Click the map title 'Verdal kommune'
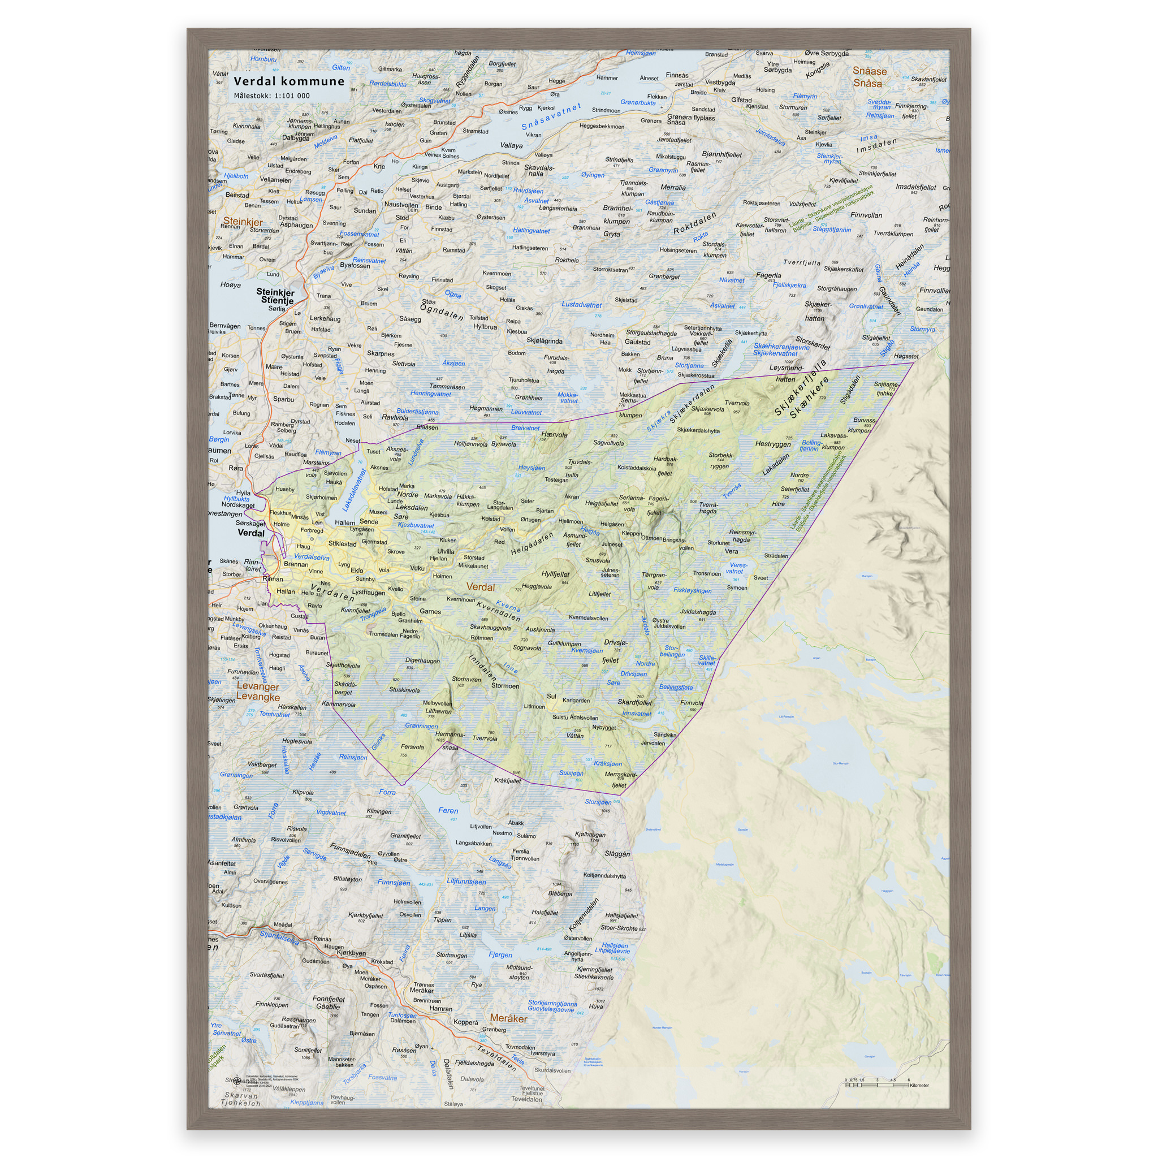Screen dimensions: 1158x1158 click(289, 81)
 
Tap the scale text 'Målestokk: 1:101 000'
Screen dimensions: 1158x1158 click(271, 96)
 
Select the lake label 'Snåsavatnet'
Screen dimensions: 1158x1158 click(551, 117)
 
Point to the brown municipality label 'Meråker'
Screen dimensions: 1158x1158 click(508, 1018)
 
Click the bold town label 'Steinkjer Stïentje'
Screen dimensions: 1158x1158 click(276, 296)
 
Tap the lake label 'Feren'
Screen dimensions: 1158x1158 click(448, 810)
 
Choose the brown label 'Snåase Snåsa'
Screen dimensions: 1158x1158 click(868, 77)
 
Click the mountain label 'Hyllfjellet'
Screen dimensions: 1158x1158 click(555, 573)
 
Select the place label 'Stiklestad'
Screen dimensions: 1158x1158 click(342, 543)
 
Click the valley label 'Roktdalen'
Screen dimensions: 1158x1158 click(695, 223)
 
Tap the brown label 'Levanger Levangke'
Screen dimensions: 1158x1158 click(258, 692)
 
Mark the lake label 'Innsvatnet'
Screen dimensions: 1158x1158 click(637, 713)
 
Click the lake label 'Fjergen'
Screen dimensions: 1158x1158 click(500, 955)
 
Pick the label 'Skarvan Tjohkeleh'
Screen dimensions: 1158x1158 click(241, 1099)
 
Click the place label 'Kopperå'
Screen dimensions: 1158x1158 click(466, 1022)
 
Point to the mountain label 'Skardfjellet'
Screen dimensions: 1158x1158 click(635, 702)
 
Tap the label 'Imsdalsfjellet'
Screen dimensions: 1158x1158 click(915, 187)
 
